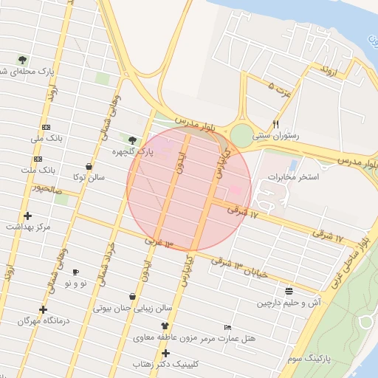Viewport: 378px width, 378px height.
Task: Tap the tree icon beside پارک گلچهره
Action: click(132, 140)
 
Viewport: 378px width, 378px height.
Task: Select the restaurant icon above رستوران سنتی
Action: click(275, 124)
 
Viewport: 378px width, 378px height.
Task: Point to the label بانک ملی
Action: click(48, 139)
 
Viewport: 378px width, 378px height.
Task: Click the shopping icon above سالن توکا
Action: click(89, 166)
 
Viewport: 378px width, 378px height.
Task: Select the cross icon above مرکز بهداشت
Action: click(28, 216)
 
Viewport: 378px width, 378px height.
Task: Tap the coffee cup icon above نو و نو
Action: click(75, 272)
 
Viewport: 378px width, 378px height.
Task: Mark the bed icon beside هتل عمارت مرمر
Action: click(227, 327)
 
